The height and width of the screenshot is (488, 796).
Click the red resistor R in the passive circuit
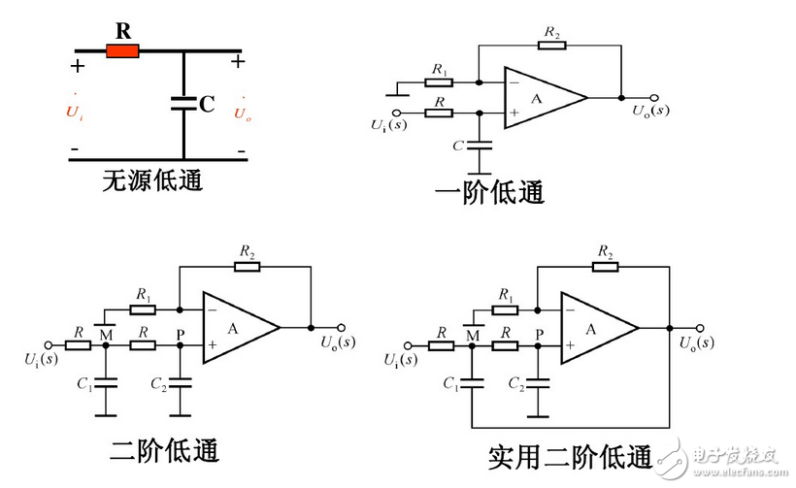tap(123, 51)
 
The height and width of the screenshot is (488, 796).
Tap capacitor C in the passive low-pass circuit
tap(183, 103)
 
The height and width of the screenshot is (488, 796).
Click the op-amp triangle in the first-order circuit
tap(540, 97)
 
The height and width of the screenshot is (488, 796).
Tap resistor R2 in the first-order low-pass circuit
tap(551, 45)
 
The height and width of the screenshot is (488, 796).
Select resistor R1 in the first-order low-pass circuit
tap(440, 81)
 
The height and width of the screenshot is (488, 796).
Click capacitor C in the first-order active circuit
tap(479, 146)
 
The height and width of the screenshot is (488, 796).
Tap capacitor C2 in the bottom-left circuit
tap(179, 384)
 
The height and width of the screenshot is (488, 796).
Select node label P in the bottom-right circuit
tap(537, 334)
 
